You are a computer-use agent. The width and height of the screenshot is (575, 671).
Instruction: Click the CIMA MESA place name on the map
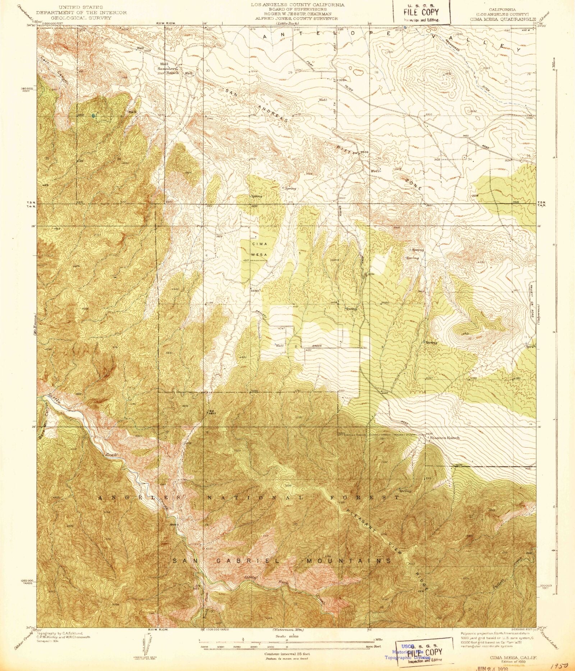[x=259, y=249]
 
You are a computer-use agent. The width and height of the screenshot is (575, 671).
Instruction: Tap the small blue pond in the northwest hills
[x=93, y=116]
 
